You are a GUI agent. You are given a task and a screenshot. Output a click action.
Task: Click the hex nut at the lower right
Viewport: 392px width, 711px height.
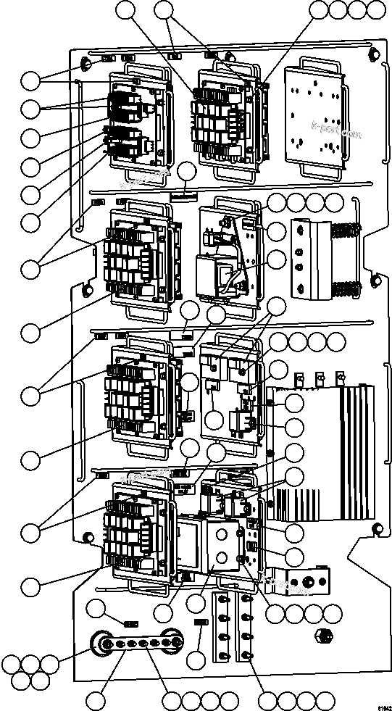coord(324,636)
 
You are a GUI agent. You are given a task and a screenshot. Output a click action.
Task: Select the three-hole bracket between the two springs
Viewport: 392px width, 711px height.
coord(305,257)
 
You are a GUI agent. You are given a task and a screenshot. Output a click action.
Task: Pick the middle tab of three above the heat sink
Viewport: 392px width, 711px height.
coord(319,378)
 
